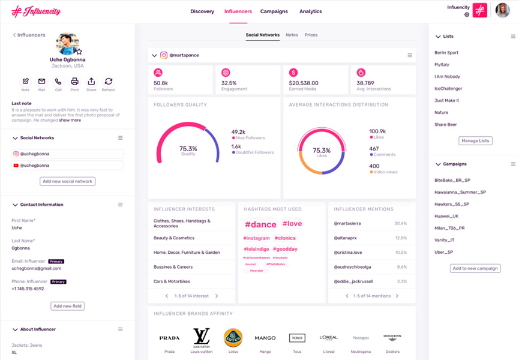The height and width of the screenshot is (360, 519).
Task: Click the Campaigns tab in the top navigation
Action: (274, 11)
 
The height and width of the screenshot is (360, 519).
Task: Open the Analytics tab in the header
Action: (310, 11)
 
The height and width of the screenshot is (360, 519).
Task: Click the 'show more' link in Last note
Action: (70, 120)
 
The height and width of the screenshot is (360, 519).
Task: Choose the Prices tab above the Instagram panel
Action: (311, 35)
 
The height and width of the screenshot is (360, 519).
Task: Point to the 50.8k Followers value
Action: (161, 83)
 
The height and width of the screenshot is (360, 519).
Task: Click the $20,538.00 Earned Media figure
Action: (303, 83)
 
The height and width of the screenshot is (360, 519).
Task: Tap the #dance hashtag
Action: (260, 224)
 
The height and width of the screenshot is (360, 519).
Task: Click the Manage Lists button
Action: (475, 141)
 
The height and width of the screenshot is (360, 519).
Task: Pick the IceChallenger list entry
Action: (448, 89)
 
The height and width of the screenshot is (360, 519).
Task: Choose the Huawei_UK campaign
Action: (446, 216)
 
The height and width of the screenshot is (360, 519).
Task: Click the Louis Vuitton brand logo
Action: (201, 337)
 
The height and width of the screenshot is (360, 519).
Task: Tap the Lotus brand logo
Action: (233, 338)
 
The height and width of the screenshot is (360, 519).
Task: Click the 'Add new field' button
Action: (67, 306)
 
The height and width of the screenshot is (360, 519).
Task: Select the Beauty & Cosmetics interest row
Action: (174, 238)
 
